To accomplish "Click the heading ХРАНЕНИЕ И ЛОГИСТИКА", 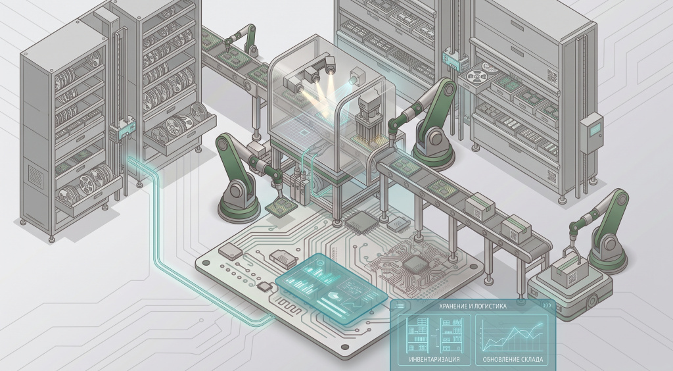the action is (x=473, y=306).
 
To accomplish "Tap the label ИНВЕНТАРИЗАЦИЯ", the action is (x=434, y=359).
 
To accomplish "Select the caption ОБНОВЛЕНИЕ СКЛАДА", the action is (x=513, y=359).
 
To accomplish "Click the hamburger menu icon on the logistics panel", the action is (x=400, y=306).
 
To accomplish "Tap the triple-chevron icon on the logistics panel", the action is (x=547, y=306).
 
